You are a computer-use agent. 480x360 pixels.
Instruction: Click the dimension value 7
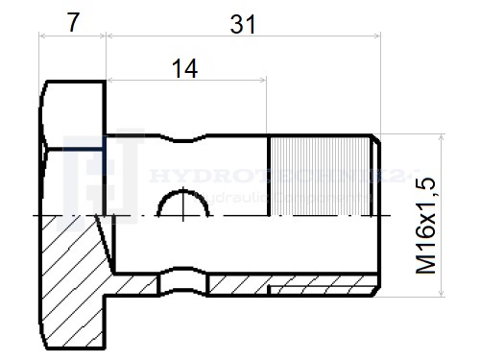(x=72, y=21)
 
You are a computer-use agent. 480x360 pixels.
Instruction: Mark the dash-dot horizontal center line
(x=288, y=216)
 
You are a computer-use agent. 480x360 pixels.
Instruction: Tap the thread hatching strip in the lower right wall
(x=322, y=289)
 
